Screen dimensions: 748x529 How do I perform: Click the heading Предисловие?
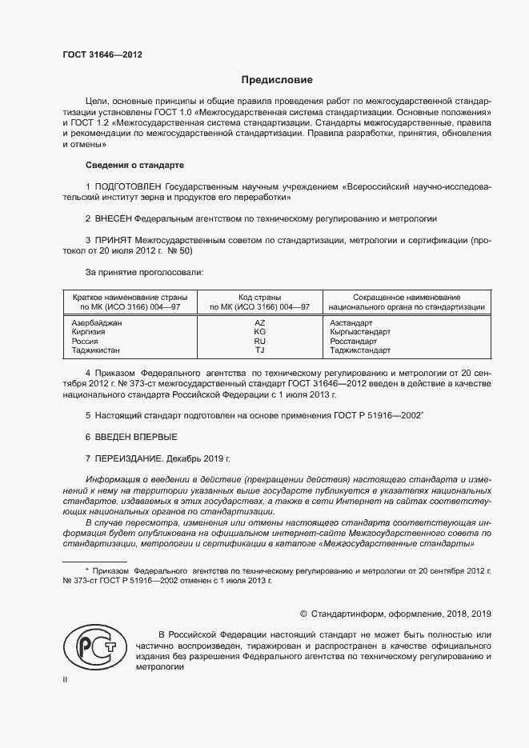(278, 80)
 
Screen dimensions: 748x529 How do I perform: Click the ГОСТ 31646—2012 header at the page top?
(102, 54)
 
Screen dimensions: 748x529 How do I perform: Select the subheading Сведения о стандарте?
(134, 165)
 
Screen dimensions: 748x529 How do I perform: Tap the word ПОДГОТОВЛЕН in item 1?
(123, 186)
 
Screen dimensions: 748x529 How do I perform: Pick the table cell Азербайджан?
(97, 322)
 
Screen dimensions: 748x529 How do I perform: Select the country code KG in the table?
(259, 332)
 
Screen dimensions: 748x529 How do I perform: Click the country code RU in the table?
(259, 342)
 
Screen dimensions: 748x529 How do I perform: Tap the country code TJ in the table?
(259, 350)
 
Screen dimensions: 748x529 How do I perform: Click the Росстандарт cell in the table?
(353, 342)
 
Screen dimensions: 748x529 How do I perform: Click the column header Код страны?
(259, 297)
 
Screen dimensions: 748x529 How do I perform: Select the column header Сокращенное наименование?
(406, 297)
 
